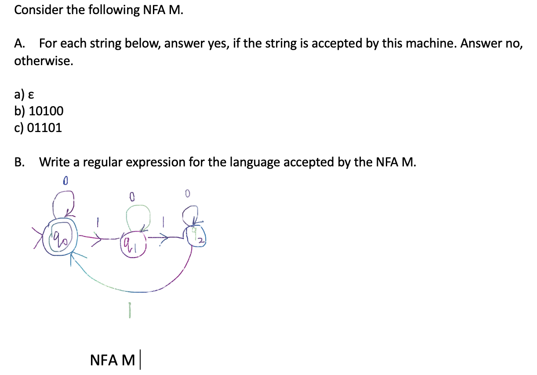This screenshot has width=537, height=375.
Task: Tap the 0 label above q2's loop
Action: click(187, 193)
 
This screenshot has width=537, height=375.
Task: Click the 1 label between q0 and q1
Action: click(98, 224)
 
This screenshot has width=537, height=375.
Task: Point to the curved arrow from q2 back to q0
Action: click(132, 290)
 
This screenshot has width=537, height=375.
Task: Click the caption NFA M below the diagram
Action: click(112, 360)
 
